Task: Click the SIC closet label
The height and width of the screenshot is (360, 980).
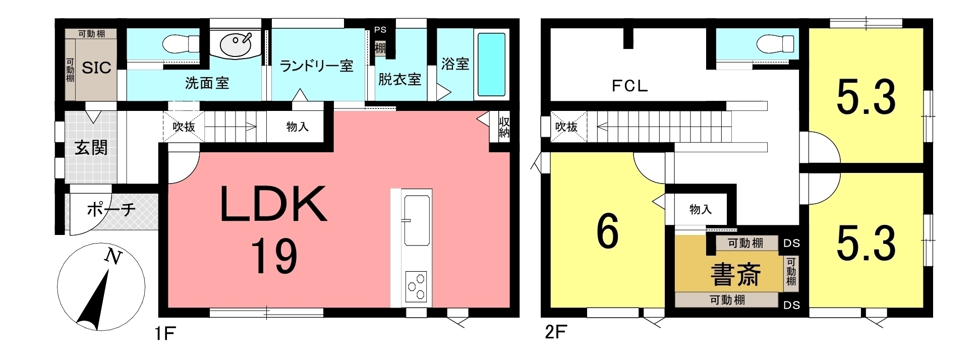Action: point(96,68)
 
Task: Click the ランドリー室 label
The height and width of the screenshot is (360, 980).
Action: point(317,66)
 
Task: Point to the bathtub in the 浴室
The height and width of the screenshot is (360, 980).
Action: point(491,64)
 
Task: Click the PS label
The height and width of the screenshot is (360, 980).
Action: point(380,30)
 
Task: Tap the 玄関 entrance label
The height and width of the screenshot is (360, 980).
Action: point(91,148)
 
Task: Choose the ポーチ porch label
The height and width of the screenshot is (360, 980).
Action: point(111,209)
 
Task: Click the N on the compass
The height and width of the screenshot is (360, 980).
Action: point(113,257)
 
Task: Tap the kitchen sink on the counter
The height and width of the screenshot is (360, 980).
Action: point(417,219)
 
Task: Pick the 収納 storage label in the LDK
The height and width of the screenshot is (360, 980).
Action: point(504,127)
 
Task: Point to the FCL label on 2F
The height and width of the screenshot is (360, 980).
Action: point(629,86)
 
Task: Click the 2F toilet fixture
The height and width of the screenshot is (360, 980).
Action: point(776,43)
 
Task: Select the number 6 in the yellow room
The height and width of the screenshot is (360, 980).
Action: point(607,232)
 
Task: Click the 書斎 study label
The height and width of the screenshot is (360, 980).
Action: point(735,274)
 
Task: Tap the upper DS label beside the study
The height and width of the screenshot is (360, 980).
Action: point(792,243)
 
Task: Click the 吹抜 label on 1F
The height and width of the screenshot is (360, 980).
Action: point(184,127)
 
